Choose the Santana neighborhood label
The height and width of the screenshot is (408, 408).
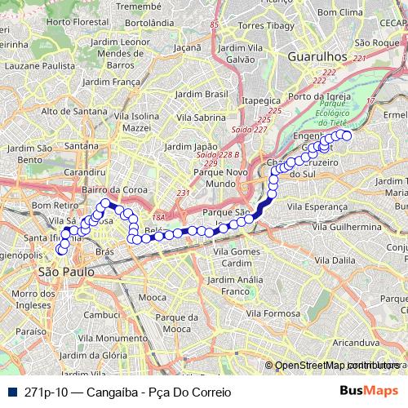tap(81, 146)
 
